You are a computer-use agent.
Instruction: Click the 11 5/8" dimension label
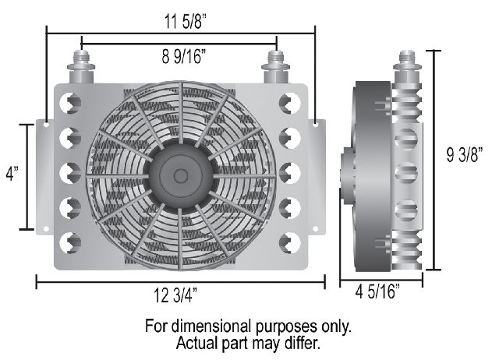(x=186, y=23)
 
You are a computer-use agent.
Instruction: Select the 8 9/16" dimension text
(x=184, y=57)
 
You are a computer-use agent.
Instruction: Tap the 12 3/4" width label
(x=175, y=295)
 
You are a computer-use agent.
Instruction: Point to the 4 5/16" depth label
(x=377, y=291)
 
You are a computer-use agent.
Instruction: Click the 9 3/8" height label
(x=465, y=155)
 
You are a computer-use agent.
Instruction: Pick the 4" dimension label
(x=12, y=174)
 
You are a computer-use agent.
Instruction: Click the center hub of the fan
(x=181, y=176)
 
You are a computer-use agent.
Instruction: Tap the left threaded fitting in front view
(x=81, y=67)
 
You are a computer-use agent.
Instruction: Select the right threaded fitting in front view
(x=275, y=67)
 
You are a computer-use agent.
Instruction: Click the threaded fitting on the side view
(x=407, y=66)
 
